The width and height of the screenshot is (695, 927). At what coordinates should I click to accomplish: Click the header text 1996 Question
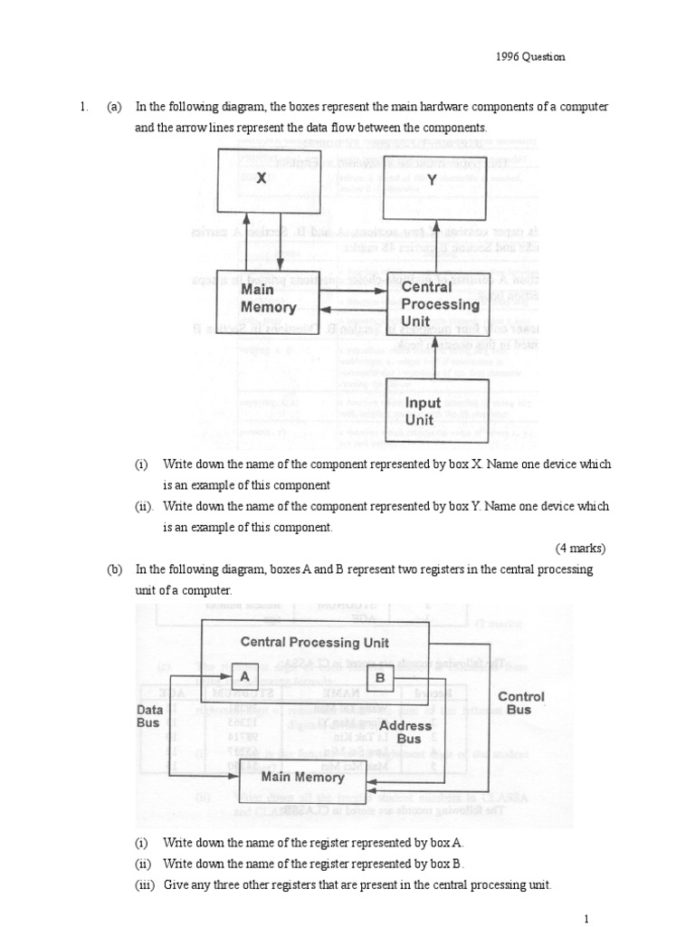click(x=530, y=56)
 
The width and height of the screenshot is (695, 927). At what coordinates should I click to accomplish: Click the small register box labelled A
click(x=244, y=675)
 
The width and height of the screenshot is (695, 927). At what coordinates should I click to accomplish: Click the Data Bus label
click(x=148, y=716)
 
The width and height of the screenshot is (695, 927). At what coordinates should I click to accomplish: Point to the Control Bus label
click(x=521, y=702)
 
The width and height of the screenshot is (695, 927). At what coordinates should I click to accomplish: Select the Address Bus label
click(x=405, y=731)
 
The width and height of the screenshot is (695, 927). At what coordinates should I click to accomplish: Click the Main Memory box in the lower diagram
click(x=303, y=777)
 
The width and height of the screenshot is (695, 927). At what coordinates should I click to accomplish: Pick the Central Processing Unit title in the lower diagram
click(x=315, y=642)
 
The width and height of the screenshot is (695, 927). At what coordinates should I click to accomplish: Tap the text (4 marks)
click(x=580, y=548)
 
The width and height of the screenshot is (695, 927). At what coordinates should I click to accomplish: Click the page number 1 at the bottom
click(x=586, y=919)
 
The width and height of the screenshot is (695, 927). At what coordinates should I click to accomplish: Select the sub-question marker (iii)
click(x=145, y=884)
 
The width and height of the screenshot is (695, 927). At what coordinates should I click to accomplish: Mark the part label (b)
click(x=114, y=569)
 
